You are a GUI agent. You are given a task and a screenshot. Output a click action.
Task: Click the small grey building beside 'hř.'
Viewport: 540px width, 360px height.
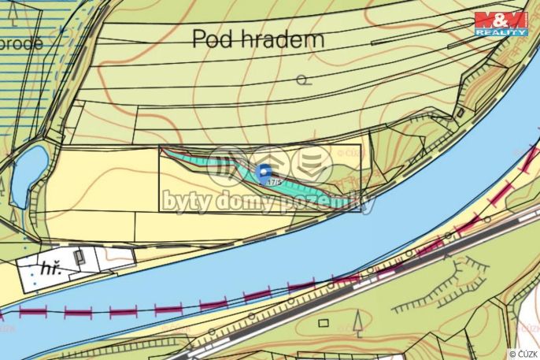click(x=80, y=257)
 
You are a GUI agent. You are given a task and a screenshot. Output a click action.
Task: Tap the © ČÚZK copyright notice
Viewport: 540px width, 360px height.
click(x=523, y=354)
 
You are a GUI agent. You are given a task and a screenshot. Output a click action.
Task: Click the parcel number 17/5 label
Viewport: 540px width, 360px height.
click(x=275, y=182)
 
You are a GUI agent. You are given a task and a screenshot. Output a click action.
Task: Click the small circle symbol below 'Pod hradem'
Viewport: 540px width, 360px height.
click(x=303, y=79)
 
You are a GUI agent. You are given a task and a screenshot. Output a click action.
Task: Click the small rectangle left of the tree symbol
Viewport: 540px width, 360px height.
click(x=323, y=322)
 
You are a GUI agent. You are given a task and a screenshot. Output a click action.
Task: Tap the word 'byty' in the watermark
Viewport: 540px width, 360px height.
click(x=186, y=202)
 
